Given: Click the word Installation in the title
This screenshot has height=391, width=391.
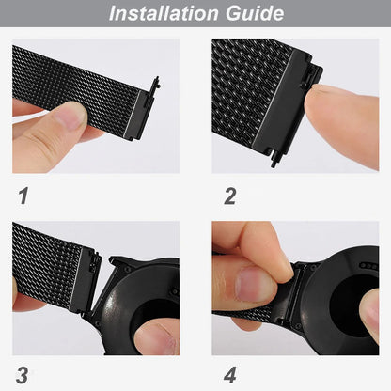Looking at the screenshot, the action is click(x=164, y=13).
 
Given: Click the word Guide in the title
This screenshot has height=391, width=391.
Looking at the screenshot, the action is click(x=255, y=13).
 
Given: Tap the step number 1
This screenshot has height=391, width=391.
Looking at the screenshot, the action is click(x=23, y=195).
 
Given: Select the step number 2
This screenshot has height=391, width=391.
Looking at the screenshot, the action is click(x=230, y=196).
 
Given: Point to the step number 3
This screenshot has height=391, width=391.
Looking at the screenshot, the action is click(x=22, y=375).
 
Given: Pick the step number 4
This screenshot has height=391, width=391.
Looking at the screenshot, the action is click(x=229, y=375).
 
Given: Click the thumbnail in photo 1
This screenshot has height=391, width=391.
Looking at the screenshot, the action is click(x=70, y=117).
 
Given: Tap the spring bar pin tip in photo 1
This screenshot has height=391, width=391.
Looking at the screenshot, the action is click(x=157, y=82).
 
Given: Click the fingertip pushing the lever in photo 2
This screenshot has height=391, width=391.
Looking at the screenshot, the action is click(x=317, y=101).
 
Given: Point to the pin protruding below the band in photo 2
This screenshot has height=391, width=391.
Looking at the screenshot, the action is click(x=274, y=161).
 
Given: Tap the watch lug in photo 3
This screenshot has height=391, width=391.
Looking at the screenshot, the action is click(x=120, y=263).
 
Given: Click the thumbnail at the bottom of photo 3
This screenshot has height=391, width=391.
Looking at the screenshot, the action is click(x=158, y=338).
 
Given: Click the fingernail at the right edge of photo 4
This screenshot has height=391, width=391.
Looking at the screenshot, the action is click(x=372, y=312).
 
